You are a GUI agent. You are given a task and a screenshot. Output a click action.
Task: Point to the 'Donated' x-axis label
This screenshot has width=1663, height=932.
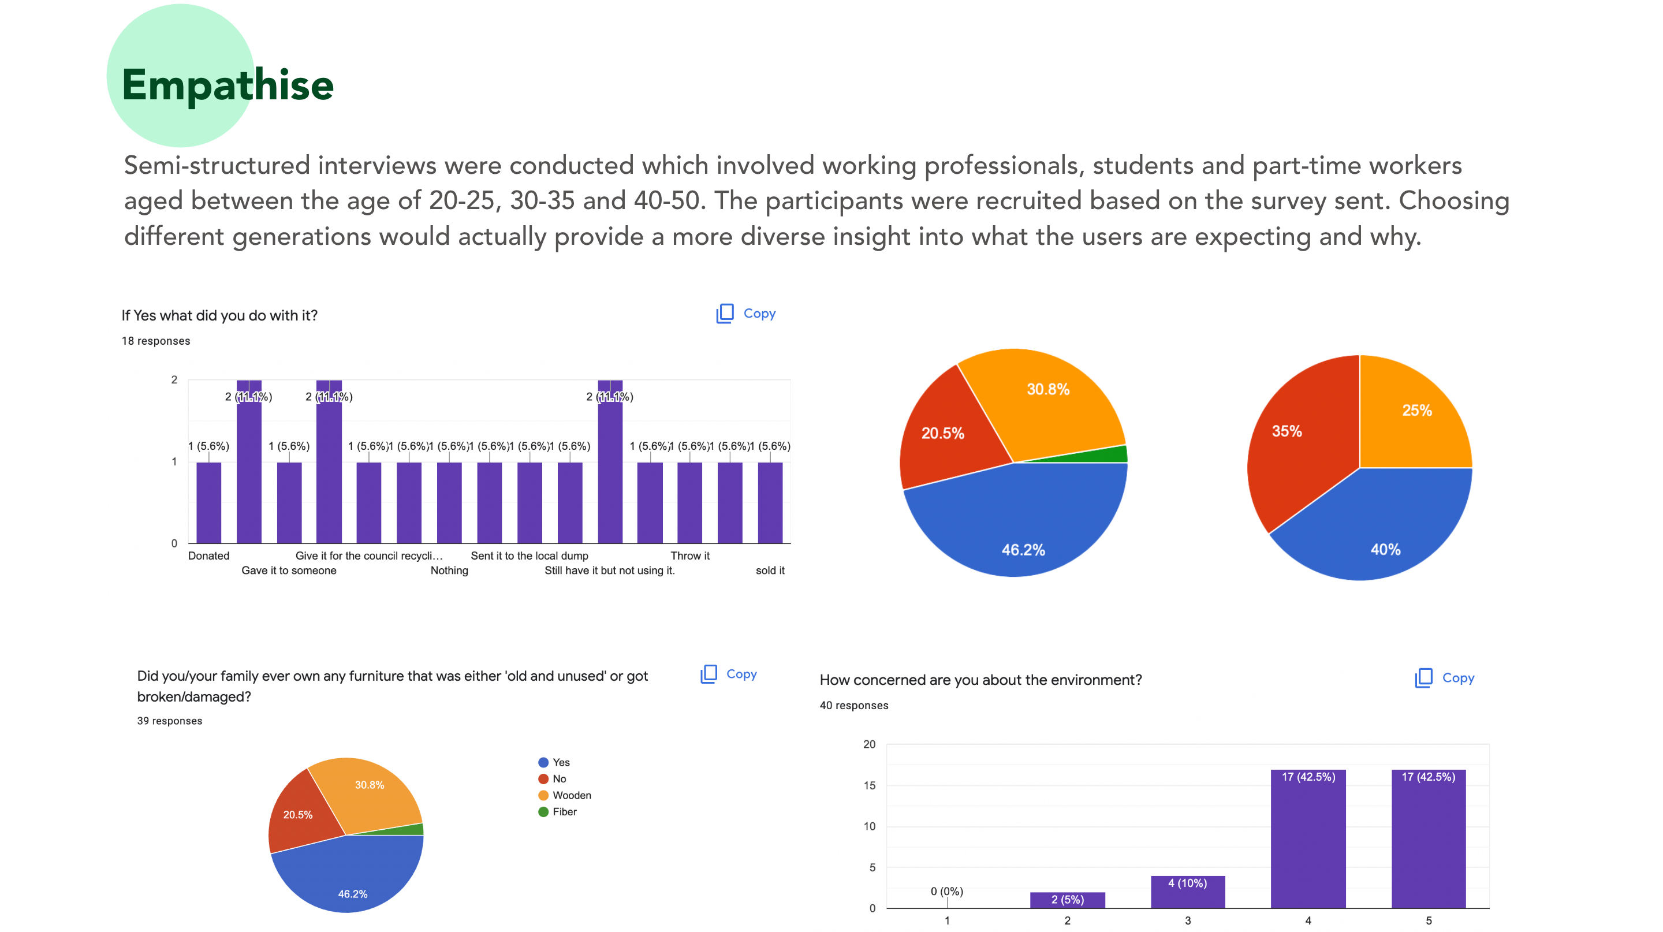click(x=208, y=556)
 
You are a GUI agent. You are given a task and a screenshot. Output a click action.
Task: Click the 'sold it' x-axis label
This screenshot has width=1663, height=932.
click(x=770, y=571)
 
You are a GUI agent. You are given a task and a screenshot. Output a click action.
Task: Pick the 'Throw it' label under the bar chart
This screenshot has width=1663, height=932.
click(x=689, y=556)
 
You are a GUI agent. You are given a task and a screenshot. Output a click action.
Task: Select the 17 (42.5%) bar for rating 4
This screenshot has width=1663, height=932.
click(x=1308, y=839)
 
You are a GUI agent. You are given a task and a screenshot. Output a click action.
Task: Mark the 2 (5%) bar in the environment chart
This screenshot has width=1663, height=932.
click(x=1067, y=900)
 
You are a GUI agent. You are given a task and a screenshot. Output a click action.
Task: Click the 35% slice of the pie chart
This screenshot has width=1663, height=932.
click(x=1297, y=445)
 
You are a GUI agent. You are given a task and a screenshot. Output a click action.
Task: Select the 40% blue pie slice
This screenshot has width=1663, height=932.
click(x=1382, y=530)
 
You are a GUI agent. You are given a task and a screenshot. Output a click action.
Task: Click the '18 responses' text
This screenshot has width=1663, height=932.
click(x=155, y=341)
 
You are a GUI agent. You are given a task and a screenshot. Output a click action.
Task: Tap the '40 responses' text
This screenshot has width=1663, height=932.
click(x=853, y=706)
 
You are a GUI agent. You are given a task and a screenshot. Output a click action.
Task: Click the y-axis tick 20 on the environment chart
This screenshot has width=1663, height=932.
click(x=869, y=744)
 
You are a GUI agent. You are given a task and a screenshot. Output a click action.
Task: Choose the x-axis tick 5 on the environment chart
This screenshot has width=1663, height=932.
click(x=1428, y=920)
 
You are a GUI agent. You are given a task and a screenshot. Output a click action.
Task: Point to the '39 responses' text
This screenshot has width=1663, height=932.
click(x=169, y=721)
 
